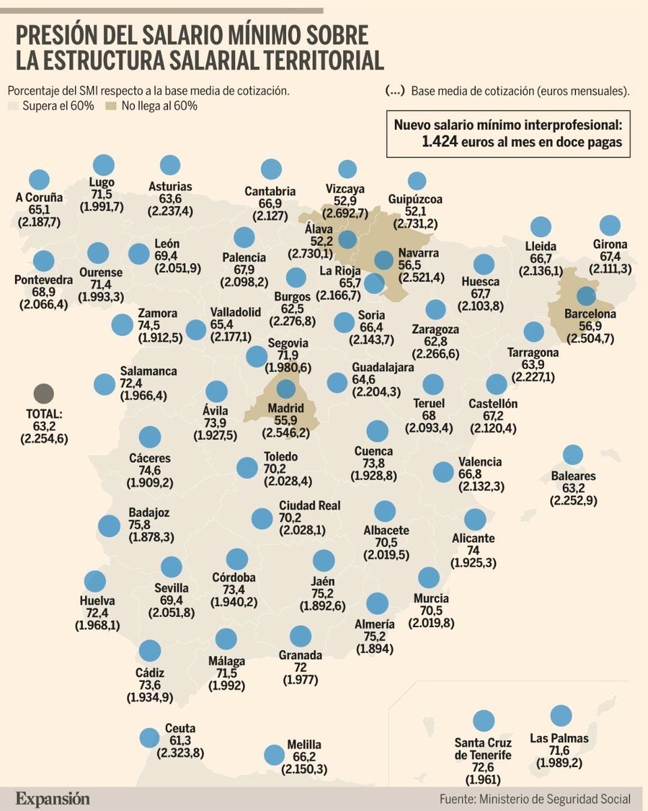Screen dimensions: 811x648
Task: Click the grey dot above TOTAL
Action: pos(43,394)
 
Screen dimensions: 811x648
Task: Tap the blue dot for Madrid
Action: pos(286,389)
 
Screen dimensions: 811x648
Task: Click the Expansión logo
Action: pos(53,798)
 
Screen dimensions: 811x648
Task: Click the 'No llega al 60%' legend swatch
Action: pos(111,106)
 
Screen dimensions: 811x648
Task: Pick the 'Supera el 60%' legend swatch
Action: pos(13,106)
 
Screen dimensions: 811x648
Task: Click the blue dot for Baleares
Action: pos(572,455)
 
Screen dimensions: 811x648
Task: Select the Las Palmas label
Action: pos(559,738)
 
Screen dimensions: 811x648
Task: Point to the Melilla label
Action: pos(304,744)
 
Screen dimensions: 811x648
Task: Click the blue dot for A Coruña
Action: pos(39,180)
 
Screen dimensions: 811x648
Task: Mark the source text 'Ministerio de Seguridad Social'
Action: pos(555,799)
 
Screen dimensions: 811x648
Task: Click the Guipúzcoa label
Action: pos(416,199)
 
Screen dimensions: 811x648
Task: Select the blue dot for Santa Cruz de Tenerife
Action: pos(483,721)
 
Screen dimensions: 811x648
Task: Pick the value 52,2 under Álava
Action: pos(319,241)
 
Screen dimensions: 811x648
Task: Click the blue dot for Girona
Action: pos(610,226)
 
